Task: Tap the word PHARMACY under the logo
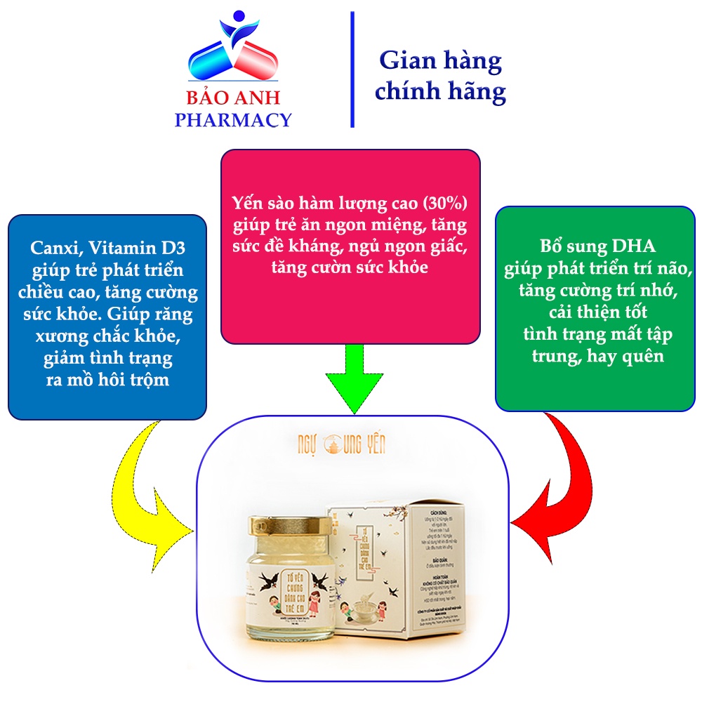(x=232, y=120)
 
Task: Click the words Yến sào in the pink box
(x=262, y=202)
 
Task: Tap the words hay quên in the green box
(x=626, y=356)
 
